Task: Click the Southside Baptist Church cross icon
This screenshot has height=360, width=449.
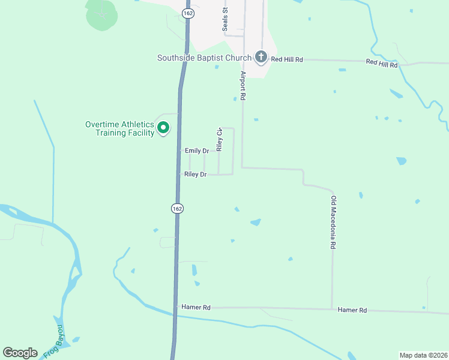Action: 261,58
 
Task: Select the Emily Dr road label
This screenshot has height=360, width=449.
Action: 197,151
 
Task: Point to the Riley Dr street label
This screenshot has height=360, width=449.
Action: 196,174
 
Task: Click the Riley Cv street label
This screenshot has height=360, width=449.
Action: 220,139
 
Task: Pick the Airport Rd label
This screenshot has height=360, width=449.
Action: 243,85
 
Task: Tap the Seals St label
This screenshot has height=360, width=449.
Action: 226,19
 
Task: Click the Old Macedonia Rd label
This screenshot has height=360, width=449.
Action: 332,221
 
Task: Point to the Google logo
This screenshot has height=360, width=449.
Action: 20,352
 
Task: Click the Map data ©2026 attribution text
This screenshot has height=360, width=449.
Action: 423,355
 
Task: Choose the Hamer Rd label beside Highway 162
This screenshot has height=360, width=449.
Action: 197,307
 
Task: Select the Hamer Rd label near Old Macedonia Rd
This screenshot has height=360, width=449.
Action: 352,310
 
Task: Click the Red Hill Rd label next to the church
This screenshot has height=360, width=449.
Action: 286,59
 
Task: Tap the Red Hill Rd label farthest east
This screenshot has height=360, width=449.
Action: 382,63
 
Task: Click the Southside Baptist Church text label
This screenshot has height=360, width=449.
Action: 204,58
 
